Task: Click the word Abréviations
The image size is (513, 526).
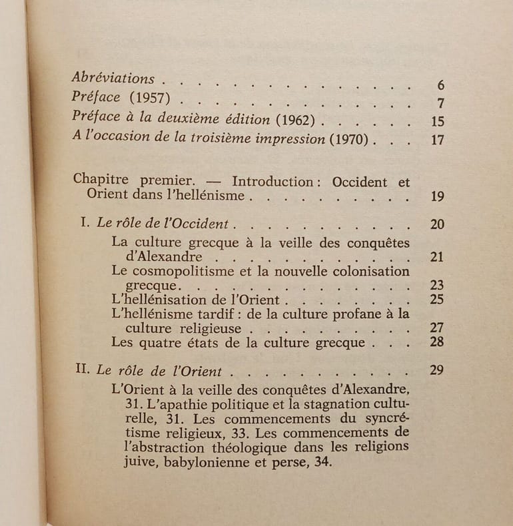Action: [x=113, y=78]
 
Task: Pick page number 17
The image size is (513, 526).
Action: [x=437, y=140]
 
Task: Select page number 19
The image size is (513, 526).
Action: [x=437, y=196]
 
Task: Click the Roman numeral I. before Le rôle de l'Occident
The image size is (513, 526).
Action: [x=85, y=224]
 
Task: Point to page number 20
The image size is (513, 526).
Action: [x=437, y=224]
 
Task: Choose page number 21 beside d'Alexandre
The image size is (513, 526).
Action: [x=437, y=257]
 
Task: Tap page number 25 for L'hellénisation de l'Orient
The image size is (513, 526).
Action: [x=437, y=299]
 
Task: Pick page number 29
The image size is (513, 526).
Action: [x=437, y=370]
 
